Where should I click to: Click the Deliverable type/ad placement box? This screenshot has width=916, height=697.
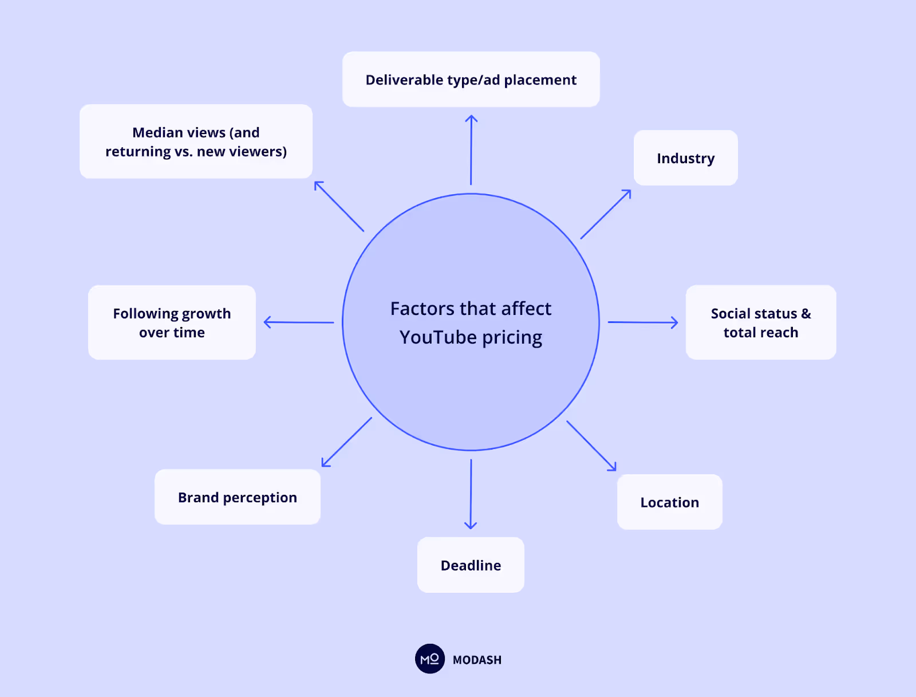click(471, 80)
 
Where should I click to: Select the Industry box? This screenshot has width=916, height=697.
click(685, 158)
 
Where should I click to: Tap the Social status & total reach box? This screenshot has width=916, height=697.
click(760, 322)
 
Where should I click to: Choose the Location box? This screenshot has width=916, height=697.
click(669, 502)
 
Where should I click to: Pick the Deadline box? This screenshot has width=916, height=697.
click(471, 565)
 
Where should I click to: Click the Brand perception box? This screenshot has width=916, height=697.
click(237, 497)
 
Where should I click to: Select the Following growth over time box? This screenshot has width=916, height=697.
click(172, 322)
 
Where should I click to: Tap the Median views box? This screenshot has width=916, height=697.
click(196, 141)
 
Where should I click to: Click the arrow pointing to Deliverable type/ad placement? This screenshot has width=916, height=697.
click(471, 150)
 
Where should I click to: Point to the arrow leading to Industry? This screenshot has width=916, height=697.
click(606, 214)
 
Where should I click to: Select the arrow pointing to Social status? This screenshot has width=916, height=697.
click(642, 322)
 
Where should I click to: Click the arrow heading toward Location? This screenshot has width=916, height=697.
click(591, 446)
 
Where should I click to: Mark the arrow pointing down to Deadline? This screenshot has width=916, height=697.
click(471, 494)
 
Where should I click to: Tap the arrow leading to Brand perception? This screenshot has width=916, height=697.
click(347, 442)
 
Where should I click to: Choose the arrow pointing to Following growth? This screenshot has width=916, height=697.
click(299, 322)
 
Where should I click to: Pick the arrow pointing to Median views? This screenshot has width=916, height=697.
click(339, 206)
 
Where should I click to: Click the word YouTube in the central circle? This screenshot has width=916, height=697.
click(438, 337)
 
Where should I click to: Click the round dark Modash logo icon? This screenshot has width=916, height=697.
click(429, 659)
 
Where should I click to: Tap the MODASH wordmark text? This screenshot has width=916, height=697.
click(477, 660)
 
